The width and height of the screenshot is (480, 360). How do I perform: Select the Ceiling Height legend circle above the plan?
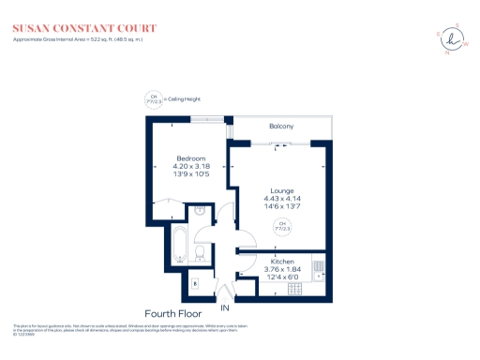153,98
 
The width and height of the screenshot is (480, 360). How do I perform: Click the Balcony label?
281,127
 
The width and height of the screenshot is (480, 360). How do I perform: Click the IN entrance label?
224,307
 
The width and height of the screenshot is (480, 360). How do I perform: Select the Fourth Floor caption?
174,312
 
